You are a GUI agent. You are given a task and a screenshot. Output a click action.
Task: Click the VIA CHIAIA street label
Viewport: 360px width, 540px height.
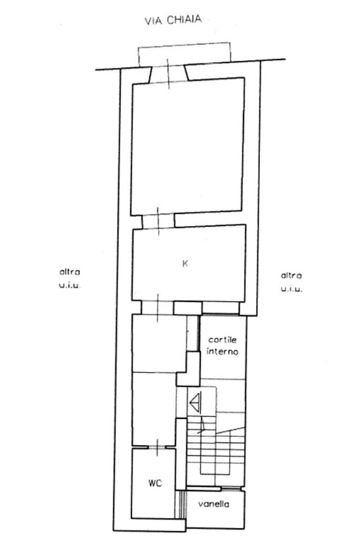[172, 19]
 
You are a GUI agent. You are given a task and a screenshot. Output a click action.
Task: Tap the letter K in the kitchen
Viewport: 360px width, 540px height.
[185, 264]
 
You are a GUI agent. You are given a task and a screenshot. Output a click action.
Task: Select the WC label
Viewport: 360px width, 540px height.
[155, 483]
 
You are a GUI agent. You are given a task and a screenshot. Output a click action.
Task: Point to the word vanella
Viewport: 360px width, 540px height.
[213, 504]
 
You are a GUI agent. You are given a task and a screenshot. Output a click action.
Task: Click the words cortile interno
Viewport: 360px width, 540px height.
[222, 346]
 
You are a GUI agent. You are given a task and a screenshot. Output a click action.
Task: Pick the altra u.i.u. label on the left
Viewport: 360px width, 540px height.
[70, 278]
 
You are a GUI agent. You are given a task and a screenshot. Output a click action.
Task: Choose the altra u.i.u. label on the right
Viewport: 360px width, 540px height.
[291, 282]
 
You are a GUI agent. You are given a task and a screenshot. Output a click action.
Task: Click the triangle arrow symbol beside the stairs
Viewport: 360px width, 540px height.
[196, 402]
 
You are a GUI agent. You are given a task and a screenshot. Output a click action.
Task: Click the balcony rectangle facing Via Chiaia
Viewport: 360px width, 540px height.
[184, 54]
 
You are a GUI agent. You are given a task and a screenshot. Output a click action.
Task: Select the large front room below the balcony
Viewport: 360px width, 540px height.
[188, 146]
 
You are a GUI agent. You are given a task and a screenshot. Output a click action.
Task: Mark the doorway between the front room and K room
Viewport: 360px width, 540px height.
[158, 221]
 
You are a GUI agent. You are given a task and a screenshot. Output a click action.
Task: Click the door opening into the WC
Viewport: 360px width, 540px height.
[157, 447]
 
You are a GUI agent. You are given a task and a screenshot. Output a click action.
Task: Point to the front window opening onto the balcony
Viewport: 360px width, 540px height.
[169, 74]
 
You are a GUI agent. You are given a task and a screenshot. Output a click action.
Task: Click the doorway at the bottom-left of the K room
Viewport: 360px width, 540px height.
[158, 308]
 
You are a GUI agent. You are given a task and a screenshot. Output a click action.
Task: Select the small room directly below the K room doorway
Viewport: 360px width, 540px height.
[159, 343]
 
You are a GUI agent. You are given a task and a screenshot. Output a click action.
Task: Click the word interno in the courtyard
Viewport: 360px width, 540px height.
[222, 351]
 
